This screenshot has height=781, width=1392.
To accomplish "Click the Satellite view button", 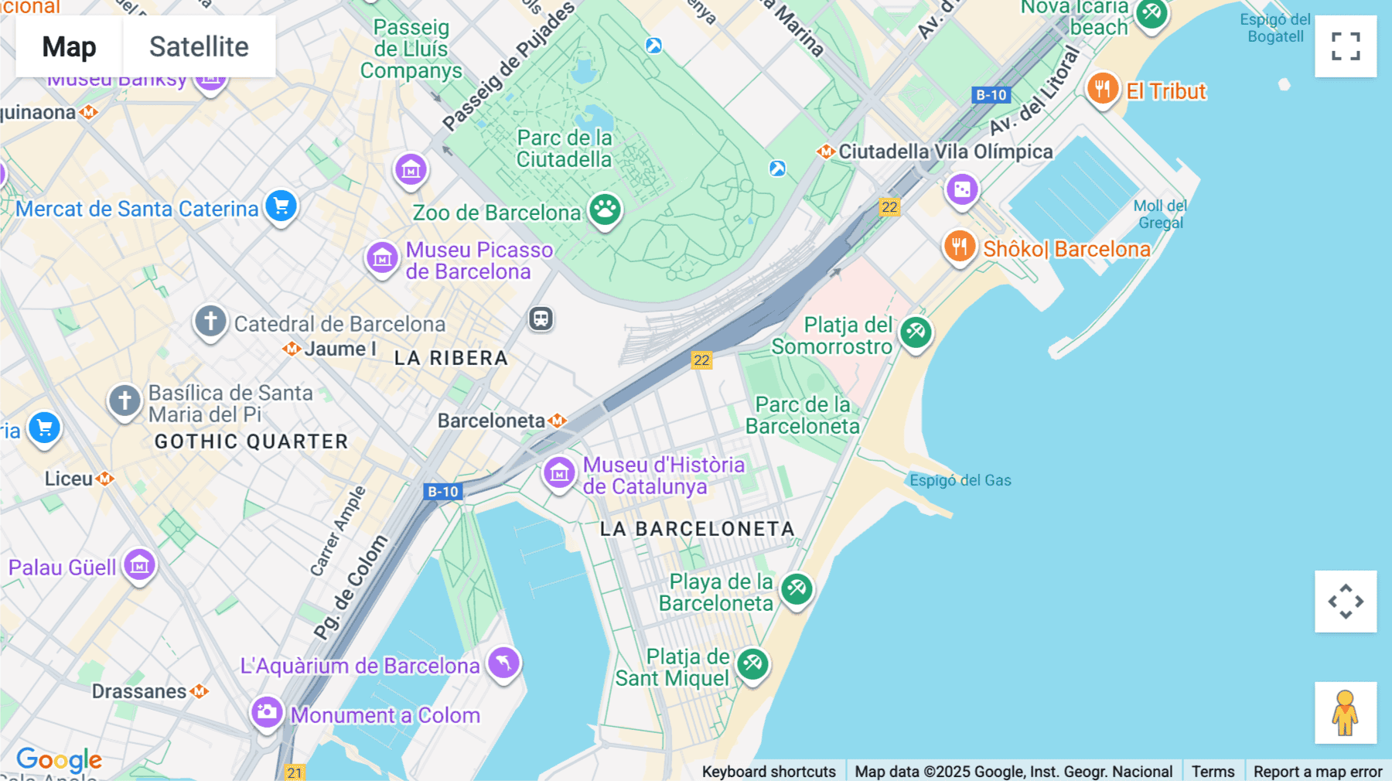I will coord(199,46).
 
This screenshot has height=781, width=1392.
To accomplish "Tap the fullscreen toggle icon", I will coord(1346,46).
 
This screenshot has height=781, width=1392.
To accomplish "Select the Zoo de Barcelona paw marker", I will coord(605,210).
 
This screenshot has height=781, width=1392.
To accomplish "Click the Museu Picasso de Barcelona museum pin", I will coord(382,258).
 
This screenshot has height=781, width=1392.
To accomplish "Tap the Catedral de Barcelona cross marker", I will coord(210,321).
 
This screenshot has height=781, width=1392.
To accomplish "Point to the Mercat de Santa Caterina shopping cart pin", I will coord(281,206).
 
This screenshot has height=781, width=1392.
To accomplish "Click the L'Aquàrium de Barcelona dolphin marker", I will coord(503,663).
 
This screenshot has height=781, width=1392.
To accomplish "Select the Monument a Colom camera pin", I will coord(267,712).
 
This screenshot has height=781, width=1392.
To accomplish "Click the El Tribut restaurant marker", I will coord(1103,89).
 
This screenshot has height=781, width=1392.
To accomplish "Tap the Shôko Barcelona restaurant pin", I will coord(960,247).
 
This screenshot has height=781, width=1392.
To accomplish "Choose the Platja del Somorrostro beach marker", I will coord(916,333).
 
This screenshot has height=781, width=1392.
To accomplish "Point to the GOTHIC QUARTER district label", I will coord(251,442).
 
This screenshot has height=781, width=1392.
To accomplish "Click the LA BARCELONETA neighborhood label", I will coord(698,529).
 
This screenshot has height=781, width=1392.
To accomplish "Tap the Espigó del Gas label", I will coord(960,480).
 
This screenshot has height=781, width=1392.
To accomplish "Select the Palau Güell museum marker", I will coord(140,565).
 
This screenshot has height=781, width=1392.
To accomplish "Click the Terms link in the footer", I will coord(1213,771).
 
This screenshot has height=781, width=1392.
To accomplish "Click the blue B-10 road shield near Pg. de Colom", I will coord(443,491).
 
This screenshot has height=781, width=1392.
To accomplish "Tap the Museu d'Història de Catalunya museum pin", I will coord(559,472).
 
